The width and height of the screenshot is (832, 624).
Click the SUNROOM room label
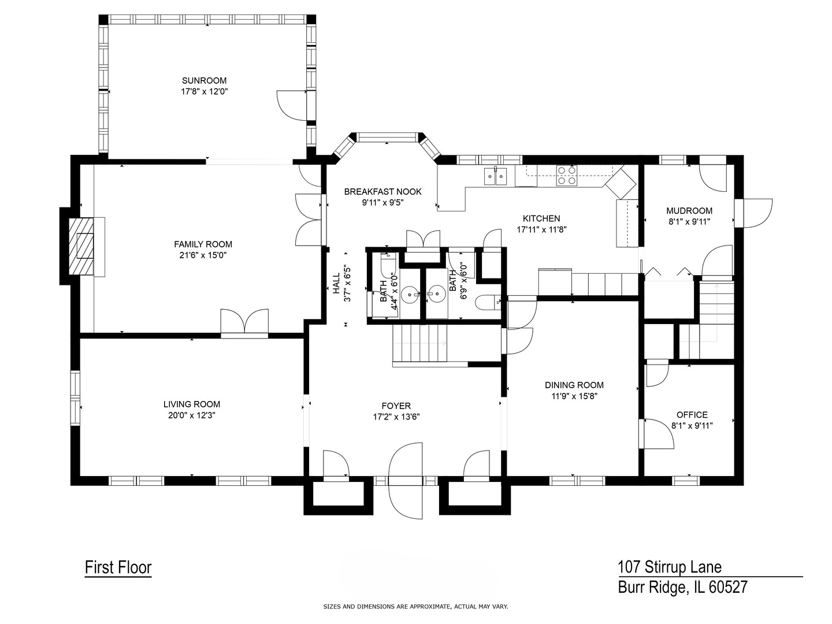coord(204,80)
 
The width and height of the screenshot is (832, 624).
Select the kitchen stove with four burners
coord(566,175)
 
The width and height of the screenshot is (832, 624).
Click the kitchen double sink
coord(496,174)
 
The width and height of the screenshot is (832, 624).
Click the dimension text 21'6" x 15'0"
coord(203,255)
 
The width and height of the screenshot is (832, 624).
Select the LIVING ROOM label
coord(191,404)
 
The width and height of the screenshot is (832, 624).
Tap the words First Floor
coord(118,567)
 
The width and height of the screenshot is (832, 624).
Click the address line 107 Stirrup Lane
coord(670,567)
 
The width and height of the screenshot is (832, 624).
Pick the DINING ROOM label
coord(574,385)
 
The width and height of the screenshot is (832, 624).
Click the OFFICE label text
coord(692,414)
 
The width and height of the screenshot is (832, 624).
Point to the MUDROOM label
coord(689,211)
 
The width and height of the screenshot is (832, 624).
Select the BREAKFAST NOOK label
coord(382,192)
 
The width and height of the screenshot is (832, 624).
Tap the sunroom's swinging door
coord(292,105)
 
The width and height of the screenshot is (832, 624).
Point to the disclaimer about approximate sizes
coord(415,607)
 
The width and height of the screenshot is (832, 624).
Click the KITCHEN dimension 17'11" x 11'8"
coord(541,229)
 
